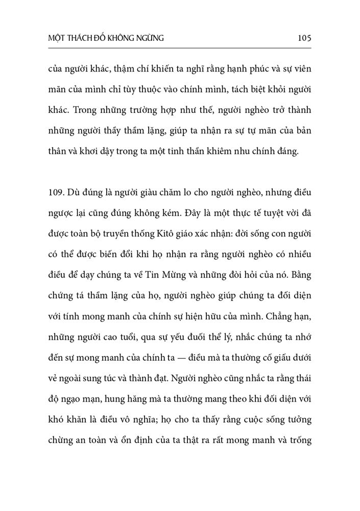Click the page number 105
(303, 38)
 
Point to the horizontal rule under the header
(180, 49)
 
